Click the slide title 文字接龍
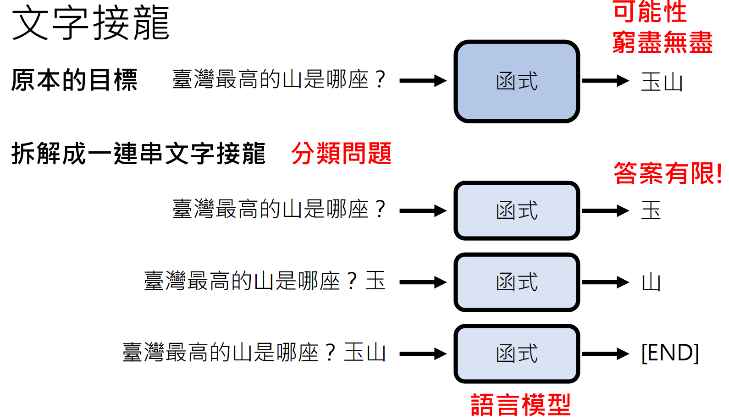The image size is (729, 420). (x=90, y=23)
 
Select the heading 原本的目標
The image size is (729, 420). (x=74, y=80)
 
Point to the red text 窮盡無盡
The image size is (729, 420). (x=662, y=42)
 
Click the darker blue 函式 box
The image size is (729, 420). (x=517, y=82)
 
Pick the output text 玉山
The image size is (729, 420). (x=662, y=82)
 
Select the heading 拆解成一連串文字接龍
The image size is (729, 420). (x=138, y=153)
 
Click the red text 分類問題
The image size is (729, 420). (x=341, y=153)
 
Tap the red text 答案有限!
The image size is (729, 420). (x=668, y=173)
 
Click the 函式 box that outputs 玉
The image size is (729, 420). (x=517, y=211)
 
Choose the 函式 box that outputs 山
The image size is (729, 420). (x=517, y=282)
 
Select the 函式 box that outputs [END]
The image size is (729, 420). (x=517, y=354)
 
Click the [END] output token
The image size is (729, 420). (x=670, y=353)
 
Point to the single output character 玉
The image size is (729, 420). (x=651, y=210)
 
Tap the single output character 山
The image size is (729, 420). (x=651, y=282)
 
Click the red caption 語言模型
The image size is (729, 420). (x=520, y=405)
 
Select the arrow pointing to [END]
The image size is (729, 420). (x=605, y=354)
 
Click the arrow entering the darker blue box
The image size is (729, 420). (x=423, y=81)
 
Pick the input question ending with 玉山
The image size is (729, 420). (x=254, y=353)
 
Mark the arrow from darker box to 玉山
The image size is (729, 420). (x=605, y=81)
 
